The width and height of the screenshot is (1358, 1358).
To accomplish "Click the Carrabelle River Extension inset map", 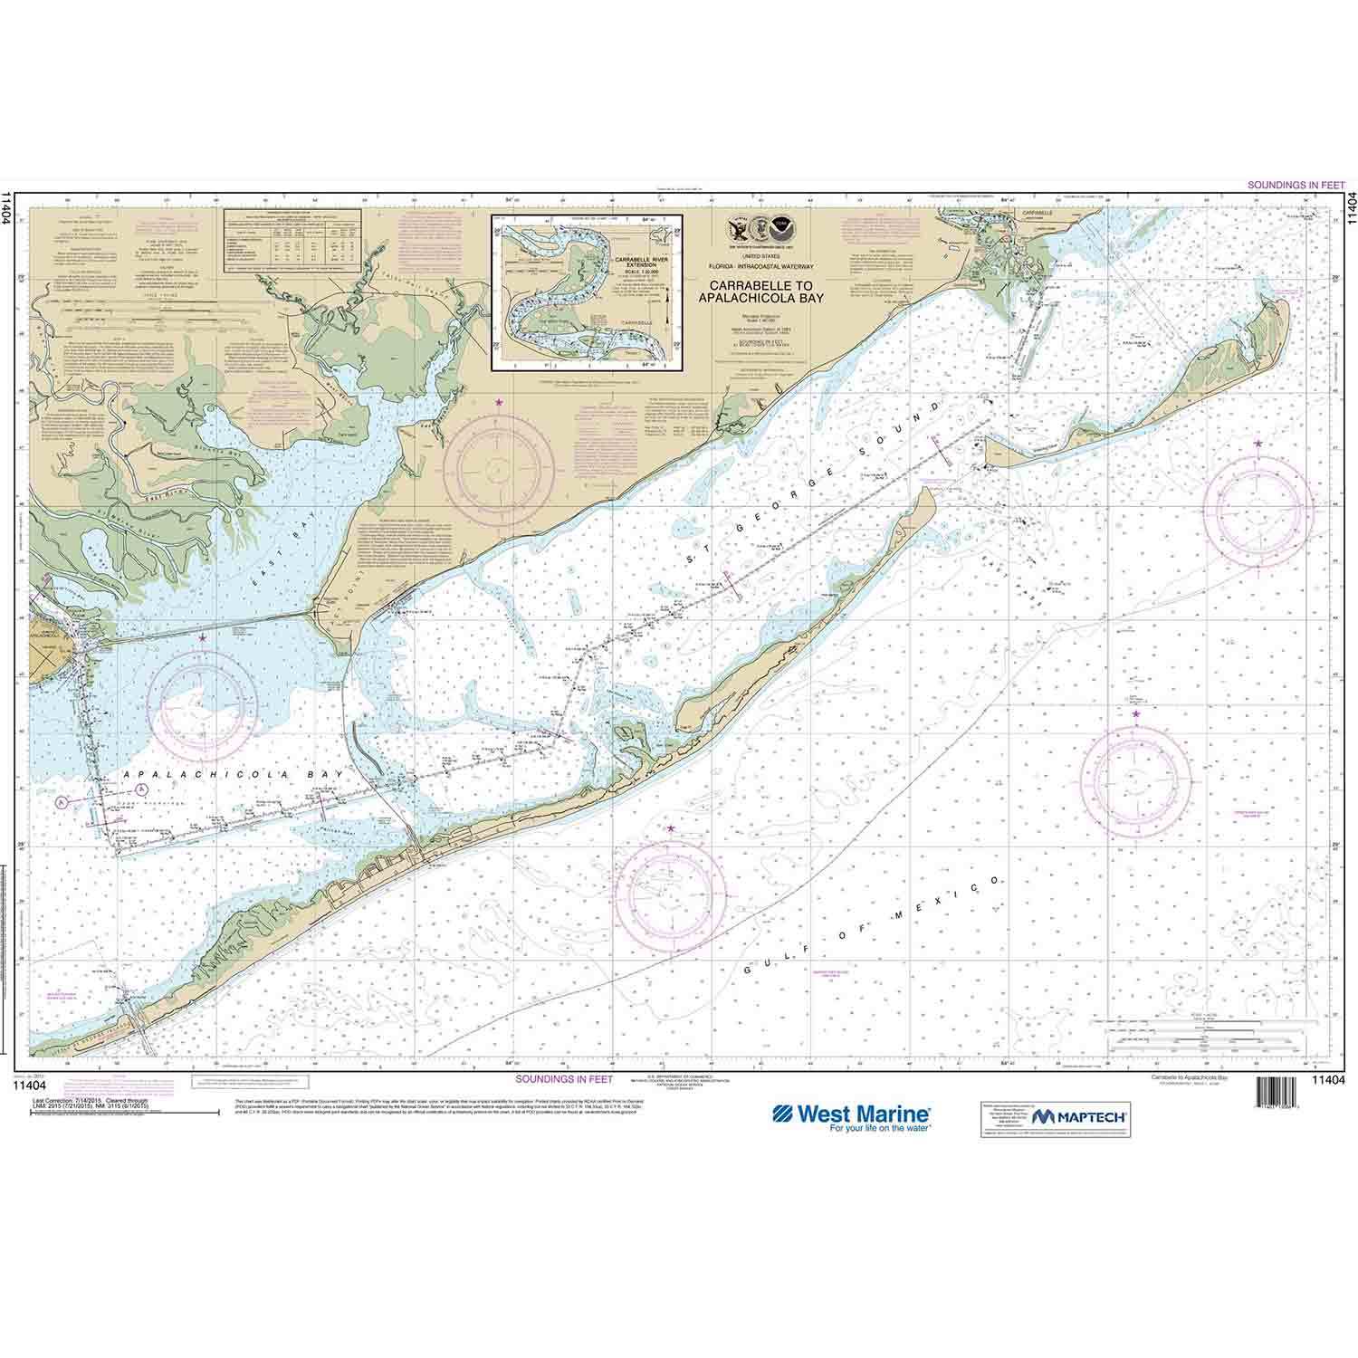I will [588, 292].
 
